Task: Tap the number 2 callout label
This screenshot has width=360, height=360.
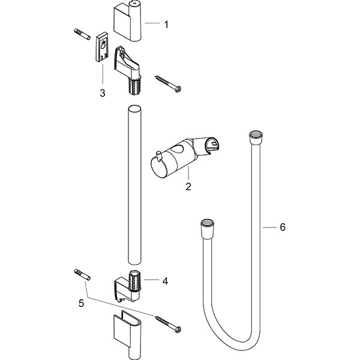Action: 188,187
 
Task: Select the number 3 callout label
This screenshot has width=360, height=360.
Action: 103,92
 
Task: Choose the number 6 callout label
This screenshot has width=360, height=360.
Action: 283,228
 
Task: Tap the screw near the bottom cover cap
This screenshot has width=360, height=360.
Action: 169,323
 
